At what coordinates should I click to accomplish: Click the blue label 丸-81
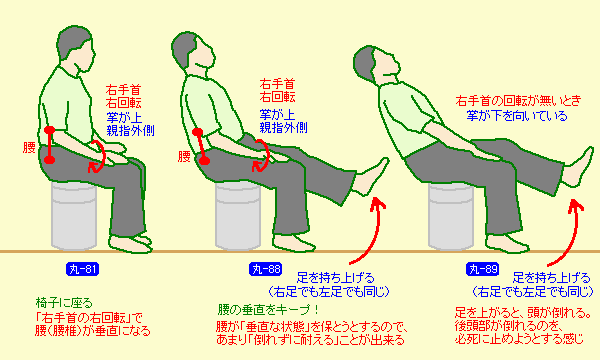[83, 269]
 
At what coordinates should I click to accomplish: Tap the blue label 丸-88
[266, 269]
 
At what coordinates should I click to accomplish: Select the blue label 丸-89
[483, 269]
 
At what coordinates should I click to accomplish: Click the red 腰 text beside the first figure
[29, 147]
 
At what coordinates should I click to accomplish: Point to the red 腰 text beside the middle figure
[184, 156]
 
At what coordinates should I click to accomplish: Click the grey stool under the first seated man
[73, 216]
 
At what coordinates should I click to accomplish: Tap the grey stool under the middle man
[238, 216]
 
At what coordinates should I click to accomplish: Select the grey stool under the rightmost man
[451, 217]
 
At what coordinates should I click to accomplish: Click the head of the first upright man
[76, 49]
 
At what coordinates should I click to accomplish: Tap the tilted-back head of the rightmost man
[377, 65]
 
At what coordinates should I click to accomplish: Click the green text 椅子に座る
[64, 303]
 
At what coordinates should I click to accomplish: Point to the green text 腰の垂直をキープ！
[268, 309]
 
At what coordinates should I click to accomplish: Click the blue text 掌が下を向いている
[517, 116]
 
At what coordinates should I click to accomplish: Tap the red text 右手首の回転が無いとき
[518, 101]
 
